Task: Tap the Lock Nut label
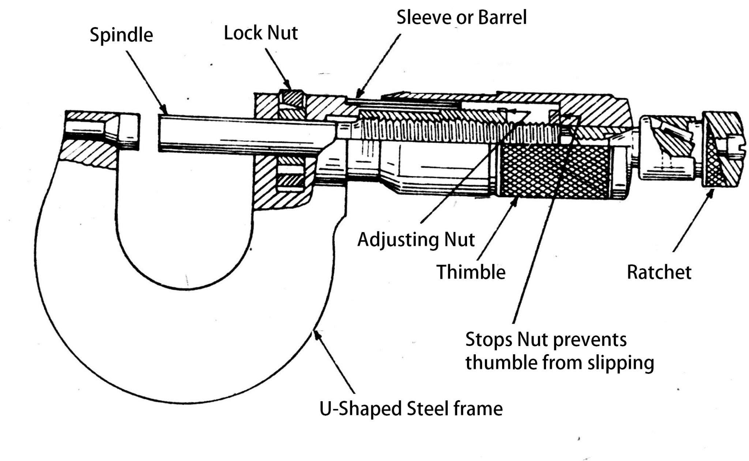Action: click(x=260, y=33)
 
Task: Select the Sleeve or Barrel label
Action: click(x=461, y=17)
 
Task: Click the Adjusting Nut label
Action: click(x=416, y=240)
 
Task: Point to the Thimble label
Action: click(x=471, y=272)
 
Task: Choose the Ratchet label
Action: click(x=659, y=272)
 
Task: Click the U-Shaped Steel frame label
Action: click(x=411, y=409)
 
